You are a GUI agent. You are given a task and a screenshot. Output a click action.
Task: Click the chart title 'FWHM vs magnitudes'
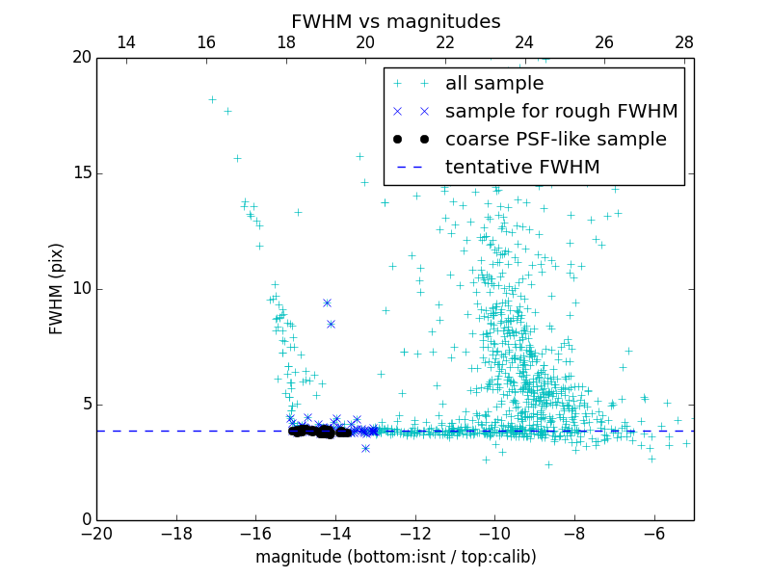(395, 21)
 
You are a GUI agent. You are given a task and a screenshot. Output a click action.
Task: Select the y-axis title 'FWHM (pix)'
(57, 288)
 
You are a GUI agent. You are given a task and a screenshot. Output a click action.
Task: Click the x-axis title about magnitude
(395, 557)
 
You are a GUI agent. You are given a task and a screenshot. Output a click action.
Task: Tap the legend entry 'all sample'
(494, 84)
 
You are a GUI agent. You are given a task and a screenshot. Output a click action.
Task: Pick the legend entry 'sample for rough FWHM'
(561, 112)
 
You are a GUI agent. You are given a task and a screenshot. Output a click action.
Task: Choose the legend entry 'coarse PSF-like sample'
(555, 140)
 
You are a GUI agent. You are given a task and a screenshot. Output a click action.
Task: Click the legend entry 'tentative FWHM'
(522, 168)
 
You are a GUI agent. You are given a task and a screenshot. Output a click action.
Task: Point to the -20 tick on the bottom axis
(96, 533)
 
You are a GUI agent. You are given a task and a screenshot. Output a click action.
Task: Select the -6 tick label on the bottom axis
(653, 533)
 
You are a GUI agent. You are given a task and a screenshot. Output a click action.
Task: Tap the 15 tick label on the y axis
(80, 173)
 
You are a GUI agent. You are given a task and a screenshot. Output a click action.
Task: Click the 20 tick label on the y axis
(80, 58)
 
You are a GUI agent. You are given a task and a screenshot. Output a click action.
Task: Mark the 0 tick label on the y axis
(85, 520)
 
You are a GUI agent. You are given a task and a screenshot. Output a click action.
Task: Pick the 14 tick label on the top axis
(125, 42)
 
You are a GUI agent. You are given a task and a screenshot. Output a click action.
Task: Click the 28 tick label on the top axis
(684, 42)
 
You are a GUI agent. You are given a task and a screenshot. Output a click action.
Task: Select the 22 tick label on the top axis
(445, 42)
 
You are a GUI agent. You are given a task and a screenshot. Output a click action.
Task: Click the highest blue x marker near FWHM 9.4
(327, 302)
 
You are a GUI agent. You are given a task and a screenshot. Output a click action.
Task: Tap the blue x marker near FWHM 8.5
(331, 324)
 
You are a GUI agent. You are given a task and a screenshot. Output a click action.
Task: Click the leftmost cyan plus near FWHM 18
(212, 99)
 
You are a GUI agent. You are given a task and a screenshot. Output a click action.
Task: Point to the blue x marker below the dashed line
(365, 448)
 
